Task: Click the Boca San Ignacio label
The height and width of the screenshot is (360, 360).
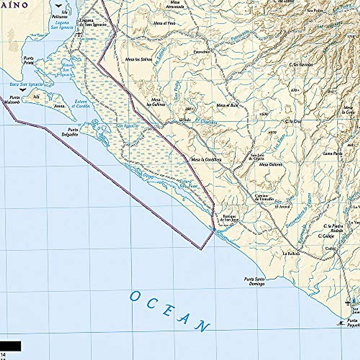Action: click(26, 84)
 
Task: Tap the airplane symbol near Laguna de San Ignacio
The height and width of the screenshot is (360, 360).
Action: click(79, 34)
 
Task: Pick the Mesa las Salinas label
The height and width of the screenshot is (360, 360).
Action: click(139, 59)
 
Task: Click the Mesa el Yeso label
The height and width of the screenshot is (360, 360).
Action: click(164, 23)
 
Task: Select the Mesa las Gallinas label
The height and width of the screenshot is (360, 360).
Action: click(155, 102)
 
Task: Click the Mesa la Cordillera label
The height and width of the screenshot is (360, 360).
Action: click(206, 159)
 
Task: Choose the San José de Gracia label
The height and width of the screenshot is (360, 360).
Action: click(255, 157)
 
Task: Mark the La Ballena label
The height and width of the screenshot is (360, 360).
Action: click(291, 253)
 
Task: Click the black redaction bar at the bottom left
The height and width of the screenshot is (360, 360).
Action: click(10, 346)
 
